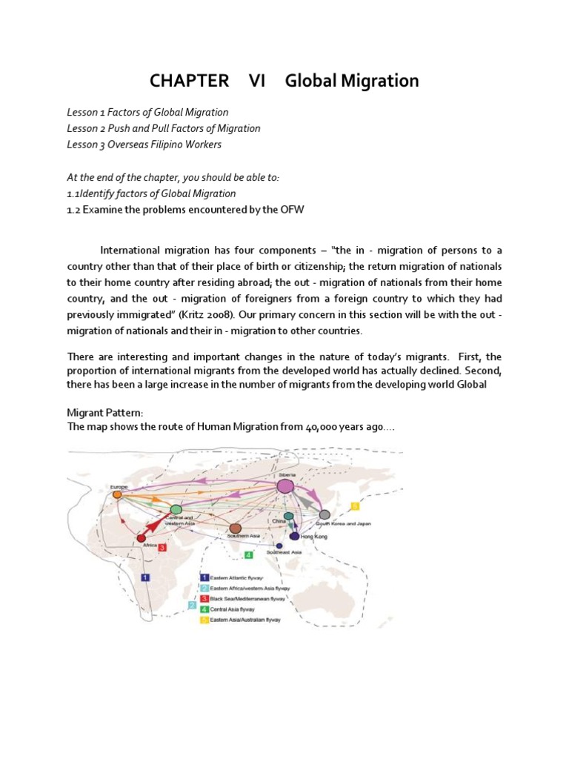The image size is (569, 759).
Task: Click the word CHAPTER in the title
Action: [x=187, y=81]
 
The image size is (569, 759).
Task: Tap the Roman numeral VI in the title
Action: [x=257, y=81]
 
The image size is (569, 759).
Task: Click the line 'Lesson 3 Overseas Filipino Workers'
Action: [x=144, y=145]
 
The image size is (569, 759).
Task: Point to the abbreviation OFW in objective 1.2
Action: [x=290, y=210]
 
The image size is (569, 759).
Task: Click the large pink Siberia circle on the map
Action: [x=286, y=486]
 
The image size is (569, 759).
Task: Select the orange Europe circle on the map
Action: [x=117, y=494]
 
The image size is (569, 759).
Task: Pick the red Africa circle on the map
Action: [x=142, y=538]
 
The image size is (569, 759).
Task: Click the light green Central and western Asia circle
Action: [x=176, y=509]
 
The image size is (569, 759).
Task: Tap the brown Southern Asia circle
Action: [x=236, y=528]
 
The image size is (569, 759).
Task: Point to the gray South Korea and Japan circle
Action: [x=325, y=514]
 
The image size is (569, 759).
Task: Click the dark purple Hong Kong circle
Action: [x=295, y=536]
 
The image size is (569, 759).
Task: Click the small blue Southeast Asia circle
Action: [x=279, y=546]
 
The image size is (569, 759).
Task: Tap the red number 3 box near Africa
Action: [x=162, y=548]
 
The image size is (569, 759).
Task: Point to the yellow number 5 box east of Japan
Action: [x=355, y=506]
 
